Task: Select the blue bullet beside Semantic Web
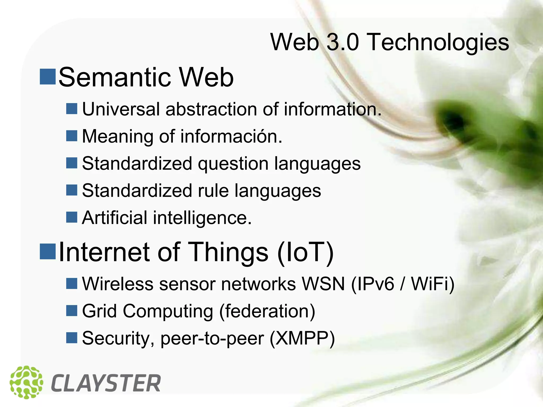tap(48, 77)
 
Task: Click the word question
tap(233, 164)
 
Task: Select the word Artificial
tap(114, 218)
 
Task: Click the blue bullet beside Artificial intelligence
tap(72, 217)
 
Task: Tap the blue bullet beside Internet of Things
tap(48, 251)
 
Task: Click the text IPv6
tap(373, 284)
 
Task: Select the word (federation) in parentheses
tap(267, 311)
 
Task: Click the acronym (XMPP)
tap(302, 338)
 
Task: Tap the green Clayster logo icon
tap(26, 382)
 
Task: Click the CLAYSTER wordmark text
tap(106, 383)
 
